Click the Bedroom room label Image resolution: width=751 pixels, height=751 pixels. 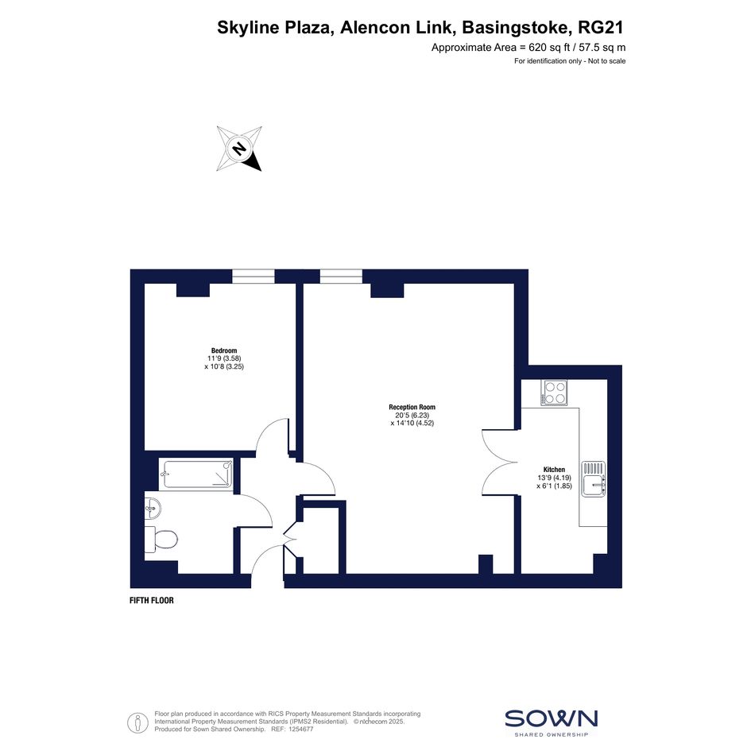pos(223,350)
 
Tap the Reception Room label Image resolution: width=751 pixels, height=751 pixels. pos(412,407)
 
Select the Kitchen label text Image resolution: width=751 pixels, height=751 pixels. pos(554,470)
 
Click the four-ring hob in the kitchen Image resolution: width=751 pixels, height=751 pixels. pos(554,393)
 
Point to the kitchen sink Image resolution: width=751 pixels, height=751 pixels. pos(594,479)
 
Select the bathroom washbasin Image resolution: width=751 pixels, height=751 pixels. pos(153,508)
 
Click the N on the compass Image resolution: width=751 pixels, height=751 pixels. pos(239,148)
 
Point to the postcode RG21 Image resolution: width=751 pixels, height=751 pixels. pos(601,27)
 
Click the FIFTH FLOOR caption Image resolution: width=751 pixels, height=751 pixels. pos(151,600)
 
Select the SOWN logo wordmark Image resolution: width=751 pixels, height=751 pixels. pos(552,718)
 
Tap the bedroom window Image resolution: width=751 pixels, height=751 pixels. pos(254,277)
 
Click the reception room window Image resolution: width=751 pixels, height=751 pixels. pos(341,277)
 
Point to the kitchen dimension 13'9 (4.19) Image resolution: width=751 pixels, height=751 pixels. pos(554,478)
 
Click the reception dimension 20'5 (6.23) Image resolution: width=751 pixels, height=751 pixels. pos(412,416)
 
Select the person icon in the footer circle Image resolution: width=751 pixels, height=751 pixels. pos(138,722)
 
